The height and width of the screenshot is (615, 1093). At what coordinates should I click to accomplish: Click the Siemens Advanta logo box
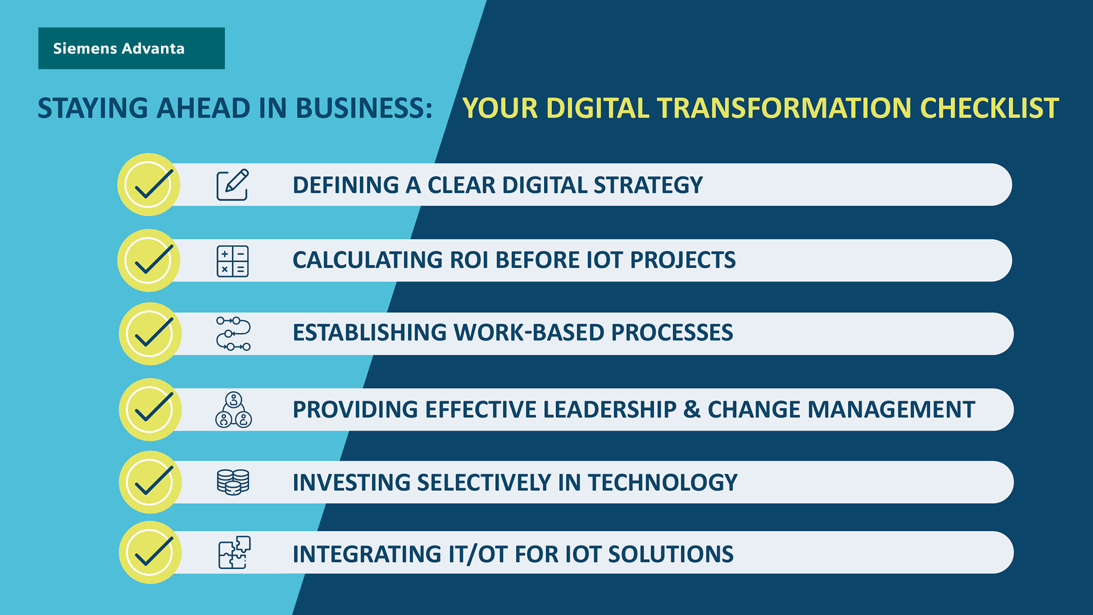pyautogui.click(x=131, y=48)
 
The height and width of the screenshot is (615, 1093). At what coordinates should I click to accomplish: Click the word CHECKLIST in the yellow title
pyautogui.click(x=989, y=108)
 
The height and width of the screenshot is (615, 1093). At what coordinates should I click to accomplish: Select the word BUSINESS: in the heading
pyautogui.click(x=364, y=108)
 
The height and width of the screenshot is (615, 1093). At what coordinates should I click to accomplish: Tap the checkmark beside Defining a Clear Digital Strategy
pyautogui.click(x=149, y=184)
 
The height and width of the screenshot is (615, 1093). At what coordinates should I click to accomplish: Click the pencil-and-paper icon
pyautogui.click(x=232, y=184)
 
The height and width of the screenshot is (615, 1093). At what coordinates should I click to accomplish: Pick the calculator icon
pyautogui.click(x=232, y=261)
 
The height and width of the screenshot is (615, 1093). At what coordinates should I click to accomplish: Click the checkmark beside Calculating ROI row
pyautogui.click(x=149, y=260)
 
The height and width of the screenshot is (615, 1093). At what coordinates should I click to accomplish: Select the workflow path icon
pyautogui.click(x=233, y=333)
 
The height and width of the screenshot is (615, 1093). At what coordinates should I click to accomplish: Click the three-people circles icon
pyautogui.click(x=233, y=410)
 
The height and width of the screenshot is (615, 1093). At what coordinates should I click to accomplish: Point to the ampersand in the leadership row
pyautogui.click(x=692, y=409)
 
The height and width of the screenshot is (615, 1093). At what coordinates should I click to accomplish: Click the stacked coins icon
pyautogui.click(x=233, y=482)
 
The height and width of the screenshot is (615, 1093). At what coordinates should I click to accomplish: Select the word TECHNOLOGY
pyautogui.click(x=663, y=482)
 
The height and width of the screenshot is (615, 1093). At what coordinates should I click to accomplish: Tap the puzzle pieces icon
pyautogui.click(x=234, y=552)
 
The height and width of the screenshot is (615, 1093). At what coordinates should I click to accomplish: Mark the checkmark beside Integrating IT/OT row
pyautogui.click(x=150, y=552)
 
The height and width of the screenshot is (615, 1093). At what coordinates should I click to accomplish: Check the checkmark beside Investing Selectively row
pyautogui.click(x=150, y=482)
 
